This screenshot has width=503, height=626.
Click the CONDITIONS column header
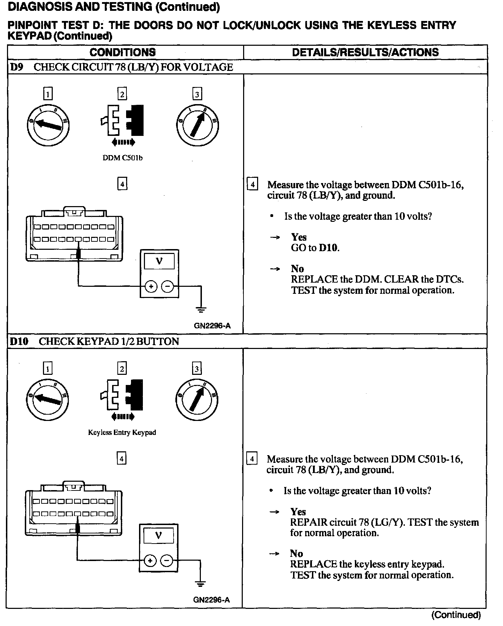click(x=123, y=52)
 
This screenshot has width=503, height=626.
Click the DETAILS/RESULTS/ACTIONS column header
click(x=365, y=52)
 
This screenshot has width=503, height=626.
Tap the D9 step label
click(x=16, y=67)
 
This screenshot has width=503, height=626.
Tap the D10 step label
click(x=19, y=341)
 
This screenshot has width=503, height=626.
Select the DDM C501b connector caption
click(x=122, y=158)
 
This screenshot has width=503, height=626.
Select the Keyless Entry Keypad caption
click(x=122, y=432)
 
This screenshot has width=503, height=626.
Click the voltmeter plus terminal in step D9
click(x=151, y=287)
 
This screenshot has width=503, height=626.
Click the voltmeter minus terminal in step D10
click(x=167, y=561)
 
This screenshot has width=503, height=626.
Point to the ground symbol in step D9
click(x=201, y=310)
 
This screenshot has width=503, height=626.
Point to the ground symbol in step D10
click(x=201, y=584)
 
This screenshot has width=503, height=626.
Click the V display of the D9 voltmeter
click(x=159, y=261)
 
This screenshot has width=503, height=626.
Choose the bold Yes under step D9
click(x=299, y=237)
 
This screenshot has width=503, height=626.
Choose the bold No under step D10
click(x=296, y=553)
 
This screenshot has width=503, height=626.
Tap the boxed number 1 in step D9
click(x=48, y=94)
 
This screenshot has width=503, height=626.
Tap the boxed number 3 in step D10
click(x=197, y=369)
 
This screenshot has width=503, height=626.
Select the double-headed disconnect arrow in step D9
click(x=123, y=142)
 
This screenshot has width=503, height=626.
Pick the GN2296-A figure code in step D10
click(x=211, y=600)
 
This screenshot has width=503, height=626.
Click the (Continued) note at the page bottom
click(x=456, y=615)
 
